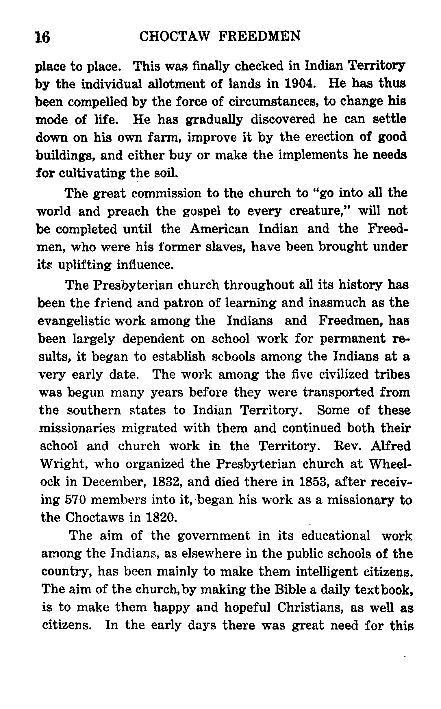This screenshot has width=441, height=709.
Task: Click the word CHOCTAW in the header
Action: (174, 36)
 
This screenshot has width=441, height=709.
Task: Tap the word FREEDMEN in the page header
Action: (259, 36)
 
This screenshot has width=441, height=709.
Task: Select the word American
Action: (219, 229)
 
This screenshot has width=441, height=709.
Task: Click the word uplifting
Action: (85, 265)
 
